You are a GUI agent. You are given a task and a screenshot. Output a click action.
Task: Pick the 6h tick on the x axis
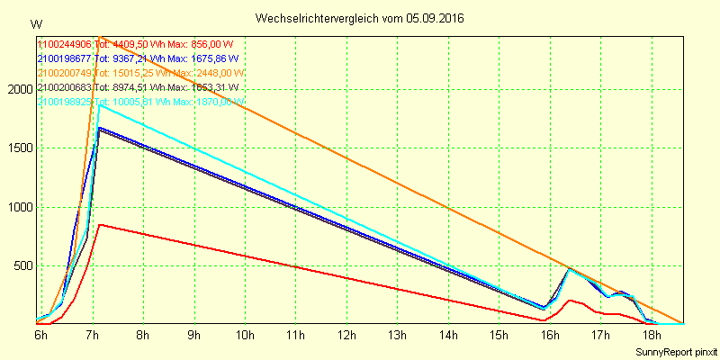point(40,335)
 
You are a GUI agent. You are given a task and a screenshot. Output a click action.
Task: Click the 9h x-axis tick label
point(193,335)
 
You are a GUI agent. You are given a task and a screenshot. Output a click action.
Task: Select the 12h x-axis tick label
point(346,335)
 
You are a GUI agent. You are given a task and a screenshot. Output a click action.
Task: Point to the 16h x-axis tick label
point(550,335)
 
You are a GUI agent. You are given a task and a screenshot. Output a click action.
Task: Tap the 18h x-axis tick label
point(652,335)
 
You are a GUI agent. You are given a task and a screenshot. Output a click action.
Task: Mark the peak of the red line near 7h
point(100,224)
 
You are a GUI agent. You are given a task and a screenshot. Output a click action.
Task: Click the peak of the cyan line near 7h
point(99,105)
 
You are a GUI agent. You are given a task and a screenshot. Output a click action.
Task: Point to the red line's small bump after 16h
point(569,301)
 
